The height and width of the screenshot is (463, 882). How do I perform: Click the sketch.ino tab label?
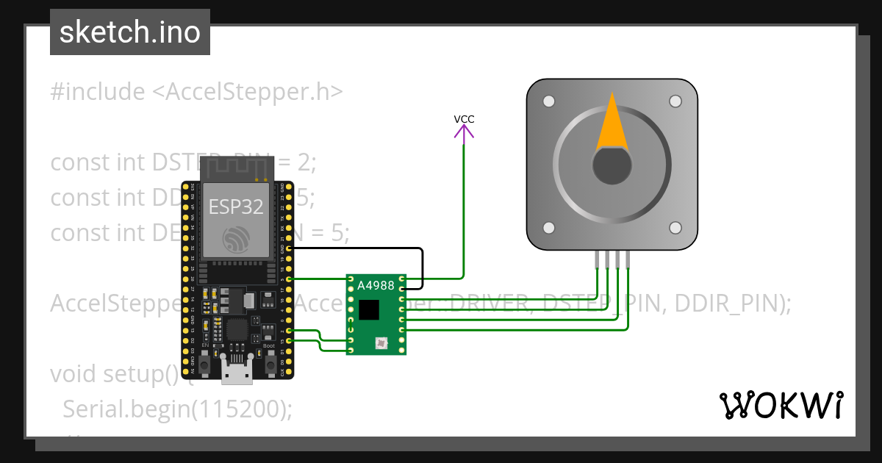(130, 32)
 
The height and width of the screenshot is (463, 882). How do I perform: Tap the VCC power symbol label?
(464, 119)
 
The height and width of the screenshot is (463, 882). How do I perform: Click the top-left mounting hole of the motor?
(548, 101)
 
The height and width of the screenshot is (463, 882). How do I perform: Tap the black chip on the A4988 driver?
(369, 310)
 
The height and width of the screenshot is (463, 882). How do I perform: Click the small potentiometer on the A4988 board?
(381, 342)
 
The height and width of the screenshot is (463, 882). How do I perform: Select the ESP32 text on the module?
(236, 207)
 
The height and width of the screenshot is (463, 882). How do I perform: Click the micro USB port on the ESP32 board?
(237, 373)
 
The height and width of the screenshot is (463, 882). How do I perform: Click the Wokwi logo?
(781, 405)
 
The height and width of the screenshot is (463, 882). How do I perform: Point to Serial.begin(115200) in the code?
(177, 409)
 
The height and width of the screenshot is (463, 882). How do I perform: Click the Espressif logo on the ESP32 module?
(237, 239)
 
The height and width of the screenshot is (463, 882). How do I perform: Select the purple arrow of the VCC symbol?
(464, 132)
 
